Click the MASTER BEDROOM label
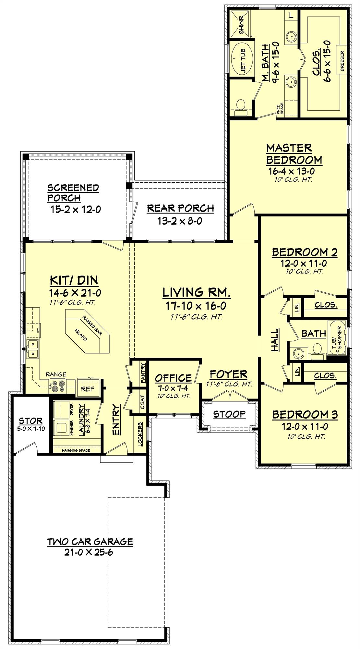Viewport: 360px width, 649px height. click(294, 154)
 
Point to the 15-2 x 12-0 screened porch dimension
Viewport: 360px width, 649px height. click(75, 209)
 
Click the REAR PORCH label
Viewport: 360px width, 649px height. click(180, 208)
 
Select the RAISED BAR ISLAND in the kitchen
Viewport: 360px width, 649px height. click(87, 332)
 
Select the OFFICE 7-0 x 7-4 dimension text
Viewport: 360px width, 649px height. click(173, 388)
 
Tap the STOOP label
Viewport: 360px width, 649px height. click(229, 414)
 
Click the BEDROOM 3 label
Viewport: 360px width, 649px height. click(305, 414)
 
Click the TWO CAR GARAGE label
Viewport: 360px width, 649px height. click(90, 542)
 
